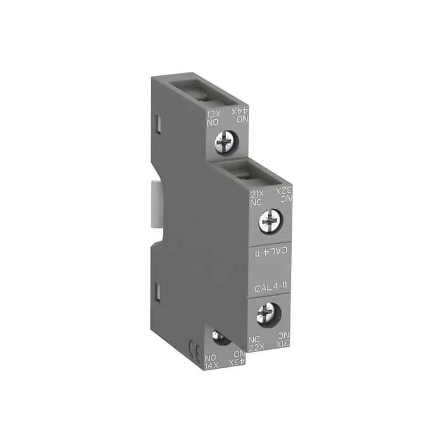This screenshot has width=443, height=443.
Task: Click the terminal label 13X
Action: pyautogui.click(x=214, y=114)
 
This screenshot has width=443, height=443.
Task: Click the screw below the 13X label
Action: pyautogui.click(x=225, y=141)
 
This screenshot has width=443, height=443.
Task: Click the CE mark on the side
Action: pyautogui.click(x=194, y=346)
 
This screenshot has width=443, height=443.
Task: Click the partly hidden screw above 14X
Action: pyautogui.click(x=221, y=337)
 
